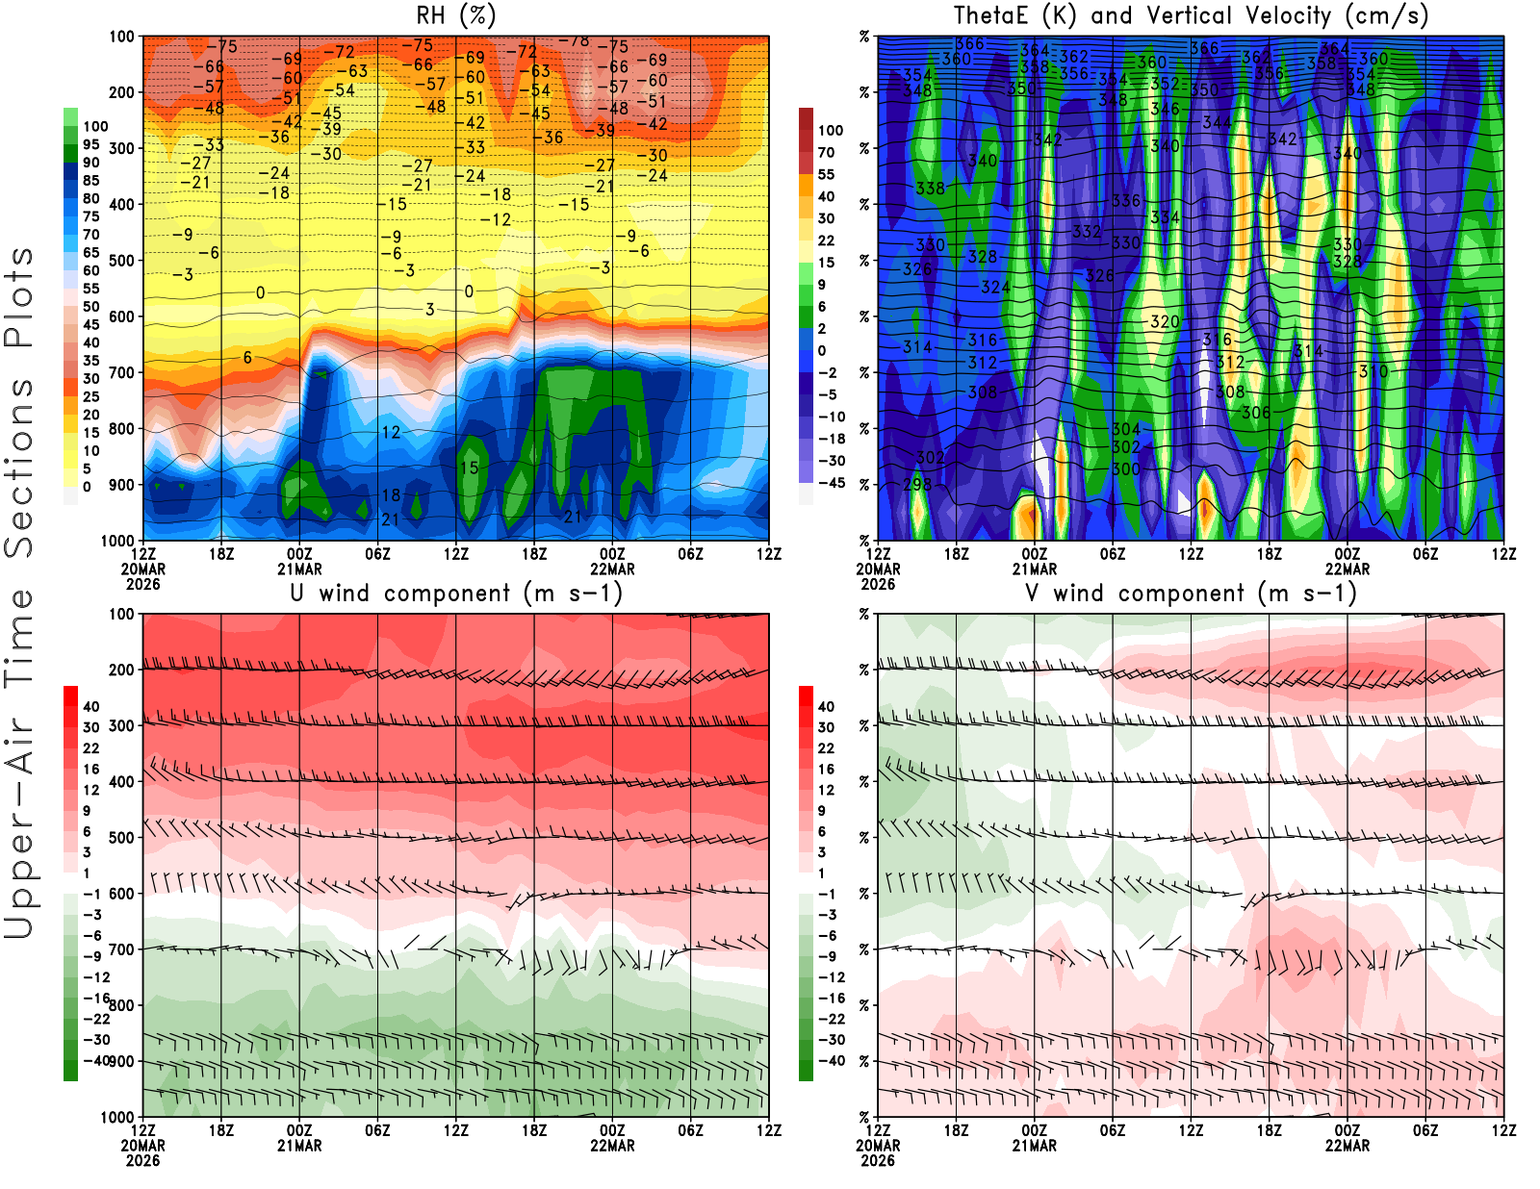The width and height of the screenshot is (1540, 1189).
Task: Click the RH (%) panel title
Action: pos(455,15)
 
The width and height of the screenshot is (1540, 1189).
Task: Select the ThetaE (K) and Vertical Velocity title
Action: pos(1191,15)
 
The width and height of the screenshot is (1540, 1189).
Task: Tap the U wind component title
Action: pos(456,594)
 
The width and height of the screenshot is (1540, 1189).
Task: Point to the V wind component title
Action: pos(1191,594)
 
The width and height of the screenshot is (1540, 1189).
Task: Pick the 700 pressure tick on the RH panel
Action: pos(122,372)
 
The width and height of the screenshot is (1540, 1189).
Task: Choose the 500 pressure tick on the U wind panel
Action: pos(122,838)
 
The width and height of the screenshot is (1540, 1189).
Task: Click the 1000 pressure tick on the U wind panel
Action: pos(118,1117)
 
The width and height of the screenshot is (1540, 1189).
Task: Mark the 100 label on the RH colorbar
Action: pos(95,126)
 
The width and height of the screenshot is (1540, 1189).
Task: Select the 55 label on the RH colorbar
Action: pos(91,289)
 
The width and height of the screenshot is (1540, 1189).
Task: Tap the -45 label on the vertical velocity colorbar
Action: pos(832,483)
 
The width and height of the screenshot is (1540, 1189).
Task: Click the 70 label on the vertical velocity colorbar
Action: pos(826,152)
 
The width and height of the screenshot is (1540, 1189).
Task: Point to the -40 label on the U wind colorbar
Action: pos(97,1060)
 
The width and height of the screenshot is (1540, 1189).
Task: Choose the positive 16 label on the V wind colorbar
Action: pos(826,769)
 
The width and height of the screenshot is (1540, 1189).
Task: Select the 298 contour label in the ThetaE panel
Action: pos(917,484)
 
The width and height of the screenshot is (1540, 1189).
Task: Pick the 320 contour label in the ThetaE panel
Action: pos(1165,321)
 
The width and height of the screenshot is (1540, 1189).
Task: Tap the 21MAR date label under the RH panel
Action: pos(299,569)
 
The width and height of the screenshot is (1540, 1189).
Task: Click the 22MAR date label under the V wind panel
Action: pos(1347,1146)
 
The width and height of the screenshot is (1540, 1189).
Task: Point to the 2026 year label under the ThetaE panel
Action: pos(878,584)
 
